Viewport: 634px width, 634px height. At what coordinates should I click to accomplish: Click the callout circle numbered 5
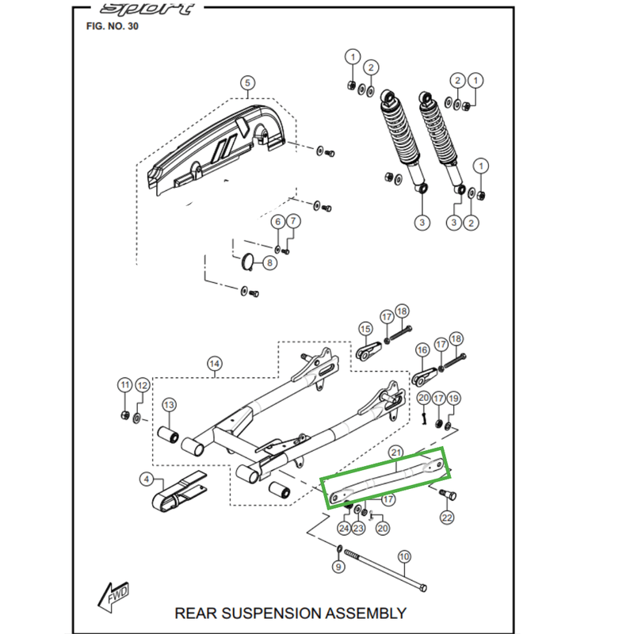[x=246, y=83]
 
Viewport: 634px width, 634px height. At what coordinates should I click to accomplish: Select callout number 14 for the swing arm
[x=213, y=364]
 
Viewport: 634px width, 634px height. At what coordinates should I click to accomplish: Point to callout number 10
[x=404, y=556]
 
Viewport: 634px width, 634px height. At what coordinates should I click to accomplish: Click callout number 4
[x=147, y=479]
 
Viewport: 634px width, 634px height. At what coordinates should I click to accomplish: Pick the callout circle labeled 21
[x=395, y=452]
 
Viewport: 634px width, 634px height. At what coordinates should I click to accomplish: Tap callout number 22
[x=447, y=518]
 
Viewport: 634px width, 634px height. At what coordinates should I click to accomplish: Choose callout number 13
[x=169, y=405]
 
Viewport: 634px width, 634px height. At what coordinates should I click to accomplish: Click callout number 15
[x=365, y=328]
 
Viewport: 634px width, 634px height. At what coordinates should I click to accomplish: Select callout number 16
[x=422, y=349]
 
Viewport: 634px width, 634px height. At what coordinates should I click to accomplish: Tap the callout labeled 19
[x=453, y=399]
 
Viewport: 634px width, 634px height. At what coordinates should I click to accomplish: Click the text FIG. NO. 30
[x=112, y=25]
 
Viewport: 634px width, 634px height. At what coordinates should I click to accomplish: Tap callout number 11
[x=124, y=385]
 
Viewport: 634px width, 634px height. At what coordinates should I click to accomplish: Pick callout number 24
[x=344, y=528]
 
